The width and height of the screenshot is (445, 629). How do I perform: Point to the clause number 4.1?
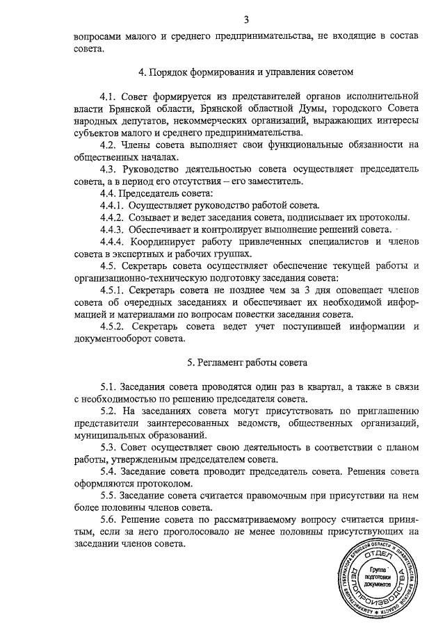click(x=111, y=94)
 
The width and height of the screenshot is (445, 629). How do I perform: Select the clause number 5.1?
click(x=111, y=386)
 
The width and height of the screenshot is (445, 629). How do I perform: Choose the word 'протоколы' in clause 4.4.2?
click(x=387, y=217)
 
